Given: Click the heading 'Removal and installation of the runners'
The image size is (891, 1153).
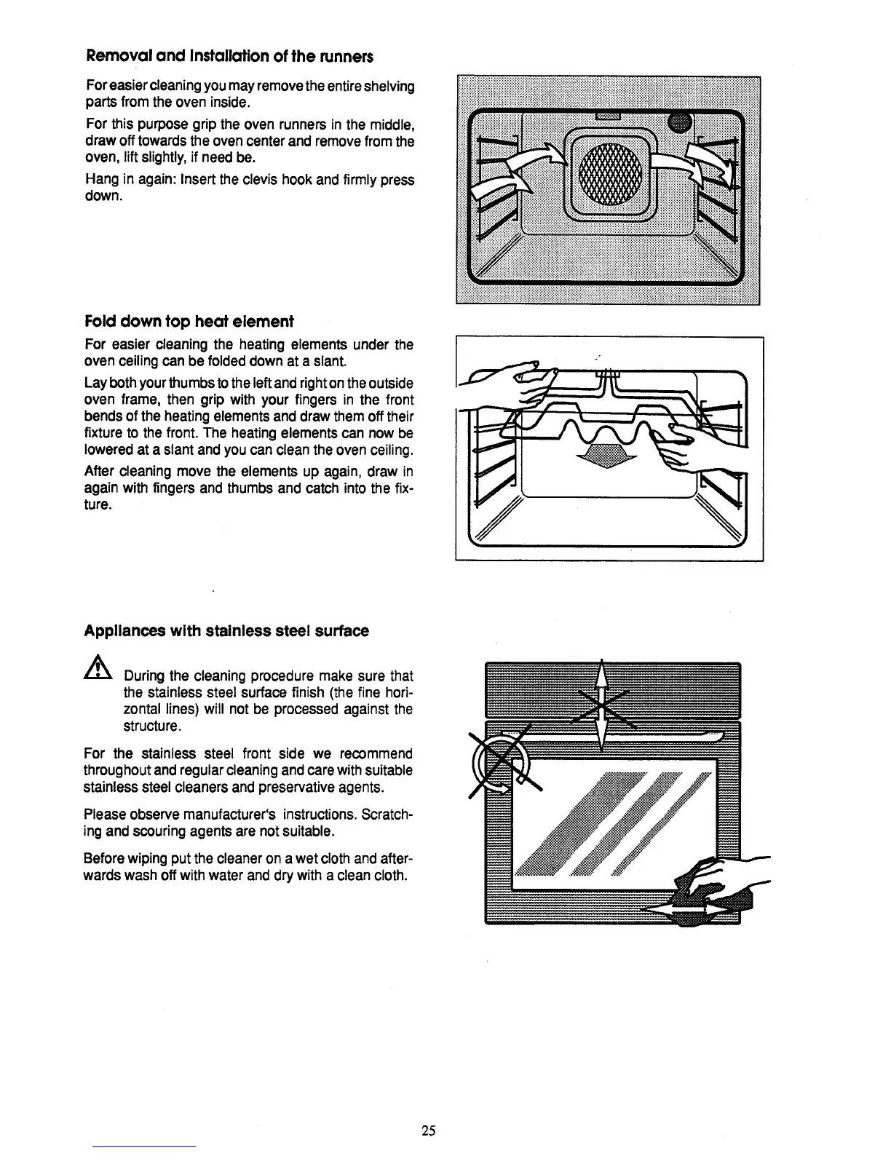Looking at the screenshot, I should point(230,56).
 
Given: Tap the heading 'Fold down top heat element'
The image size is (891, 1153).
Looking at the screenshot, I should point(189,321).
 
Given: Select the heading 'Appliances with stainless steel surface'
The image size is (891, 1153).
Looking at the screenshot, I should point(227,630).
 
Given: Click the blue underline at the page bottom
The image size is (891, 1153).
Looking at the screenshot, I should point(144,1146).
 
